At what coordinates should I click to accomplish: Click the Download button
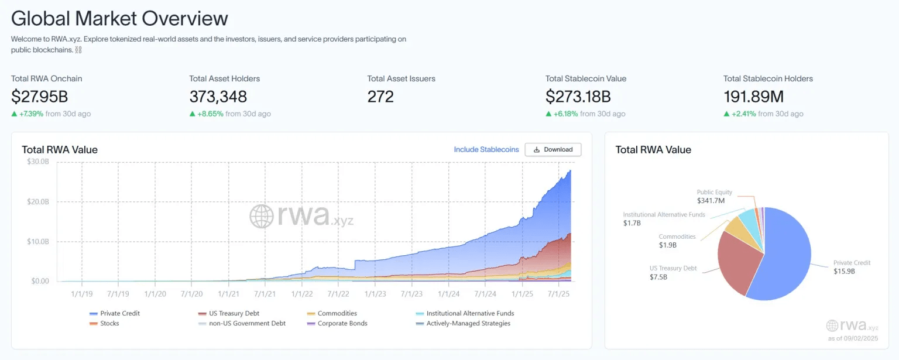(553, 149)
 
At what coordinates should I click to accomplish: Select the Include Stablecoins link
(486, 149)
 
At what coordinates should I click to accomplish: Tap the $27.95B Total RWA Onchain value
(40, 96)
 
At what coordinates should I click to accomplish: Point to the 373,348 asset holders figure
(218, 96)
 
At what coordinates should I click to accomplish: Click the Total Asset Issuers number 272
(380, 96)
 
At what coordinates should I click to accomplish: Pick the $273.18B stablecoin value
(578, 96)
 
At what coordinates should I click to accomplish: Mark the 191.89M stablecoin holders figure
(753, 96)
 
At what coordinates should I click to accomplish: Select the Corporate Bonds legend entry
(342, 323)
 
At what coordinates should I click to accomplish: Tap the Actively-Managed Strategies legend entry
(468, 323)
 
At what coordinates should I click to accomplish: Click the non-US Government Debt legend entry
(242, 323)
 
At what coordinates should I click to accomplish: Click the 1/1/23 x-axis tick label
(375, 292)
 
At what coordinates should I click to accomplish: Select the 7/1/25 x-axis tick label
(558, 292)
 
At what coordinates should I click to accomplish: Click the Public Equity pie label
(714, 193)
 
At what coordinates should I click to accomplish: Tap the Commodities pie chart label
(677, 237)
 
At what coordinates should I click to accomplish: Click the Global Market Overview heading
(119, 18)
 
